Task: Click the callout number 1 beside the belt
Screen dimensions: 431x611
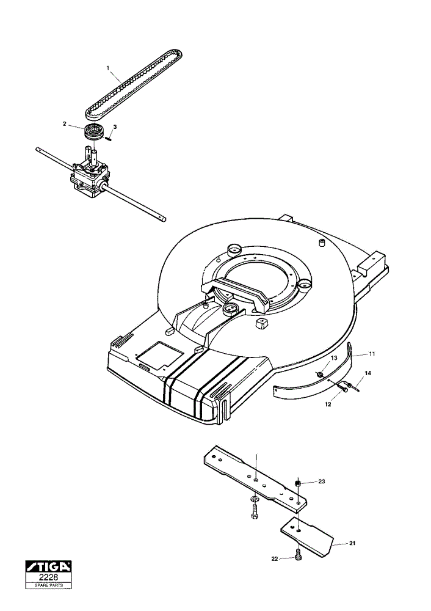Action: (108, 67)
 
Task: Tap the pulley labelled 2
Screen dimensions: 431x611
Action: (93, 131)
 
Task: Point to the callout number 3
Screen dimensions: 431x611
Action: (115, 127)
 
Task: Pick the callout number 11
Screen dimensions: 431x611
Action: (372, 354)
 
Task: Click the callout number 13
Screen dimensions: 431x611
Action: (334, 357)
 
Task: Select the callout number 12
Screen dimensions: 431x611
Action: (328, 404)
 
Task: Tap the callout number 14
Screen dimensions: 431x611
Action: (368, 373)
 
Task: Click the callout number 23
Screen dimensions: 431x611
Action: (321, 481)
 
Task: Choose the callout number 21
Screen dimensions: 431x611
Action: (352, 543)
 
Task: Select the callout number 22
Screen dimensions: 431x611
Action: (275, 559)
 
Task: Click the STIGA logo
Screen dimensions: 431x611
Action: (48, 566)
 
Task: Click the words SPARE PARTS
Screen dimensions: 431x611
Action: (48, 585)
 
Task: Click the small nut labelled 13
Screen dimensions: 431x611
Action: (320, 375)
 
